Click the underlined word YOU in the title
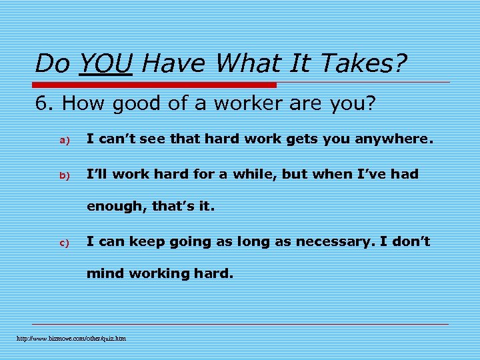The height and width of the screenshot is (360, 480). [x=105, y=64]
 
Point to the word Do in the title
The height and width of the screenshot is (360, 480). [x=52, y=64]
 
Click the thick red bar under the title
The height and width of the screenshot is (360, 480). [x=155, y=85]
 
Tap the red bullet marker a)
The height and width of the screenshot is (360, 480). [x=65, y=140]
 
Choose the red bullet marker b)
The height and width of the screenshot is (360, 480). [x=65, y=175]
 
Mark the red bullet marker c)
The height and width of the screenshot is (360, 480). [x=65, y=243]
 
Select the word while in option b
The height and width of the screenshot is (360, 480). [x=254, y=174]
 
